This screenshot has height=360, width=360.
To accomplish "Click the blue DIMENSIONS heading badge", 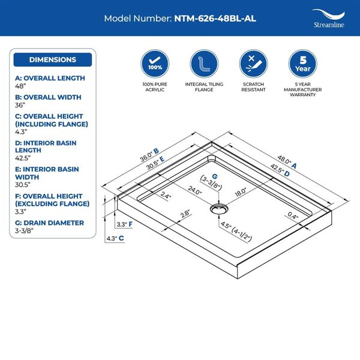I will point(53,60).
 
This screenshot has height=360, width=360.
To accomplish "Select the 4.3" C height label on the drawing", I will point(115,238).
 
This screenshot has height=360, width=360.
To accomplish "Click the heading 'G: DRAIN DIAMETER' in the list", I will point(49,223).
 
